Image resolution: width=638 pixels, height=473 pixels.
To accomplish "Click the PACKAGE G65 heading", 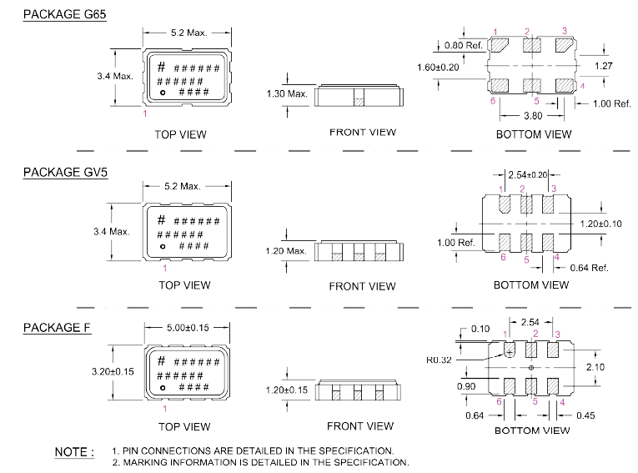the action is tap(65, 14).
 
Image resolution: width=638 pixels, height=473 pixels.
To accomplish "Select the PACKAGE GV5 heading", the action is tap(66, 172).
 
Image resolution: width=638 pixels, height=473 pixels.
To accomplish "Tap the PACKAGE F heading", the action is tap(57, 328).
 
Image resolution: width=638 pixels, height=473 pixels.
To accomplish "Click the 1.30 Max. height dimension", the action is tap(287, 94).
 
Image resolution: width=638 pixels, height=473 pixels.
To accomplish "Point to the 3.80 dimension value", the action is tap(533, 116).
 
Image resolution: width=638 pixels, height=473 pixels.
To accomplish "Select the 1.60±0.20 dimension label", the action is tap(438, 68).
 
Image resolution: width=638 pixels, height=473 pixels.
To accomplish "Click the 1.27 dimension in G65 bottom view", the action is tap(604, 66).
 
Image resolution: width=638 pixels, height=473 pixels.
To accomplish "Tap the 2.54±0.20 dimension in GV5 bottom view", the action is tap(528, 175).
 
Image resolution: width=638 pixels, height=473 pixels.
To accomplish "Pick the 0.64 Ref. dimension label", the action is tap(589, 268).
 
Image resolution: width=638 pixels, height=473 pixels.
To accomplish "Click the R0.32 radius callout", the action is tap(439, 360).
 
